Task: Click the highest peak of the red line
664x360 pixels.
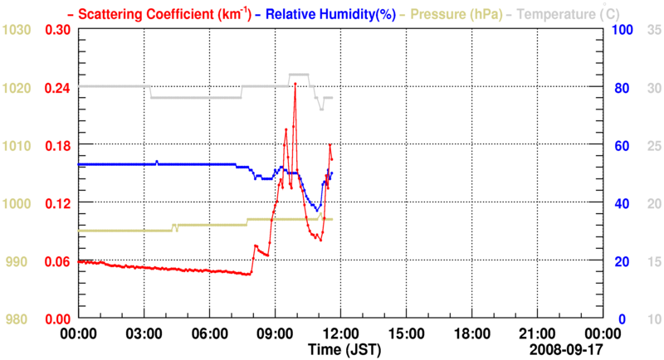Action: pyautogui.click(x=295, y=84)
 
